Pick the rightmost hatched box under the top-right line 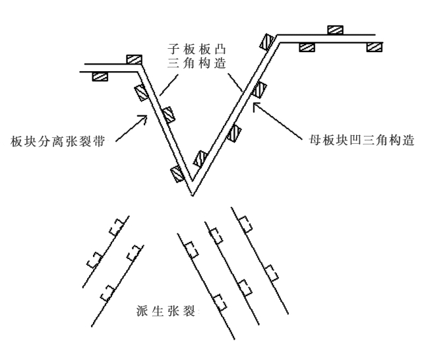375,47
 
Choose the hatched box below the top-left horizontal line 100,76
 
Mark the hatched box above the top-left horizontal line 134,59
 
